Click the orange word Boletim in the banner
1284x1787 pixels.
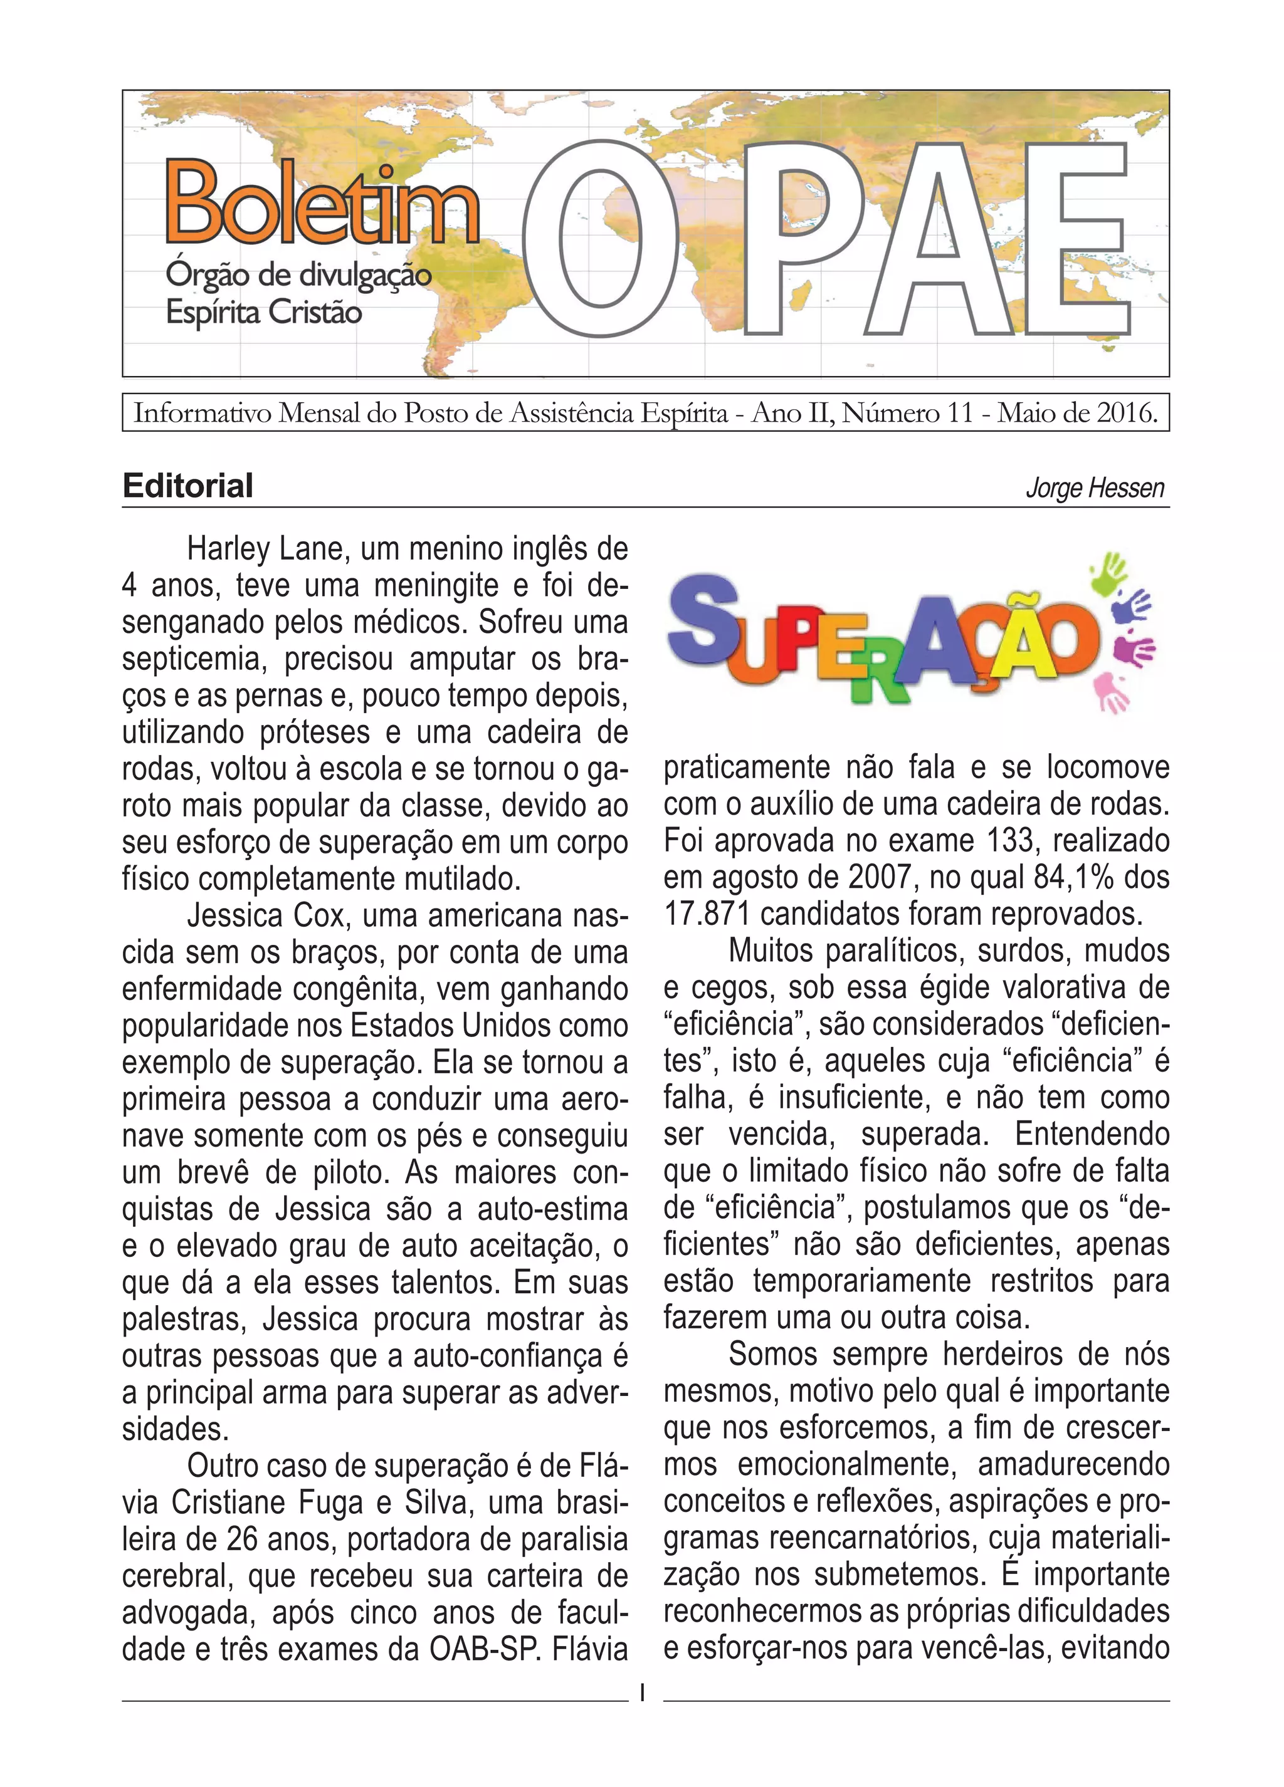coord(322,203)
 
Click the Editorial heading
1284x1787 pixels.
coord(187,486)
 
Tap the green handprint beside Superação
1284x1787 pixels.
coord(1112,573)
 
